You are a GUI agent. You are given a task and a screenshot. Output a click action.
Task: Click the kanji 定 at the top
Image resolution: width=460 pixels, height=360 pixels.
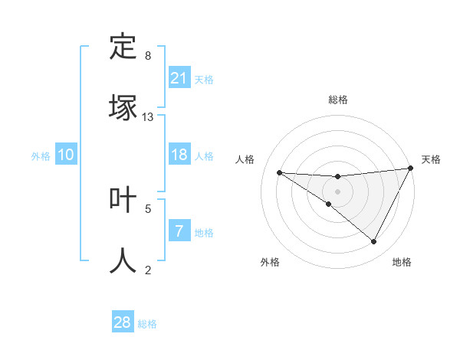coord(123,47)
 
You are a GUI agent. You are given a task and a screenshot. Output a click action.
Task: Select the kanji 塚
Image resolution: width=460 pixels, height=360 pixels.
coord(123,107)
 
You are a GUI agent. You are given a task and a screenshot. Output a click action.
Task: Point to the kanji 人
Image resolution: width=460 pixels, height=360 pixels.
coord(123,260)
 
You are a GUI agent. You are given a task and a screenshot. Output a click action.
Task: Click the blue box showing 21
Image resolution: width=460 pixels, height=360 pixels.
coord(179,77)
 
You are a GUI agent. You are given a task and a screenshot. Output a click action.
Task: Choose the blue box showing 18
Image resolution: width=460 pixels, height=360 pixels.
coord(179,155)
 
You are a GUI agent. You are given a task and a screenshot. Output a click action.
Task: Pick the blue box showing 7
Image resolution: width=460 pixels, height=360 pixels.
coord(179,231)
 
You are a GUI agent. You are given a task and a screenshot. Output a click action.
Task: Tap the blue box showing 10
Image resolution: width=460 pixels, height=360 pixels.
coord(66,155)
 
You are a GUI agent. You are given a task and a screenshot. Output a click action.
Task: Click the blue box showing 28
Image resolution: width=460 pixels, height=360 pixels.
coord(123,322)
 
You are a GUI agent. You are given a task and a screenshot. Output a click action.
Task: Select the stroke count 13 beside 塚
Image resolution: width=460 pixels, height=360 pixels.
coord(148,117)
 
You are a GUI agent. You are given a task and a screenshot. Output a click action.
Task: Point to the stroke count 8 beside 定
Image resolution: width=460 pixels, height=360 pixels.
coord(148,56)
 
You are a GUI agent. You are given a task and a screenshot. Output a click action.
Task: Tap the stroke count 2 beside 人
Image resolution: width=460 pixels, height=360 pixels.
coord(148,270)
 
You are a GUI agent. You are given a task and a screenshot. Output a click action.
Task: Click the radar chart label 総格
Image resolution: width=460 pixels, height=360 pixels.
coord(338,100)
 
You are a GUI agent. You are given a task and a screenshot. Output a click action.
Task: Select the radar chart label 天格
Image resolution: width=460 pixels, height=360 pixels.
coord(431,159)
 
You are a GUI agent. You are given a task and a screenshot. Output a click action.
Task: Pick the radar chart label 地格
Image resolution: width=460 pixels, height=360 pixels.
coord(402,262)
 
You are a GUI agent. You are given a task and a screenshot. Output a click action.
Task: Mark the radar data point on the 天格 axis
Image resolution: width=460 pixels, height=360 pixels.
coord(411,168)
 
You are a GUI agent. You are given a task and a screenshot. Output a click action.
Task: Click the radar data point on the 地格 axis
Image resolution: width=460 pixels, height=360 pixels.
coord(374,242)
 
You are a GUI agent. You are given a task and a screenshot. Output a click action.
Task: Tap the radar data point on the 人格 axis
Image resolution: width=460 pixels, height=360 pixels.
coord(279,172)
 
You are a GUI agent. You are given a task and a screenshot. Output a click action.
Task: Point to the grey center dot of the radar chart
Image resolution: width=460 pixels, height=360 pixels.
coord(338,191)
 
